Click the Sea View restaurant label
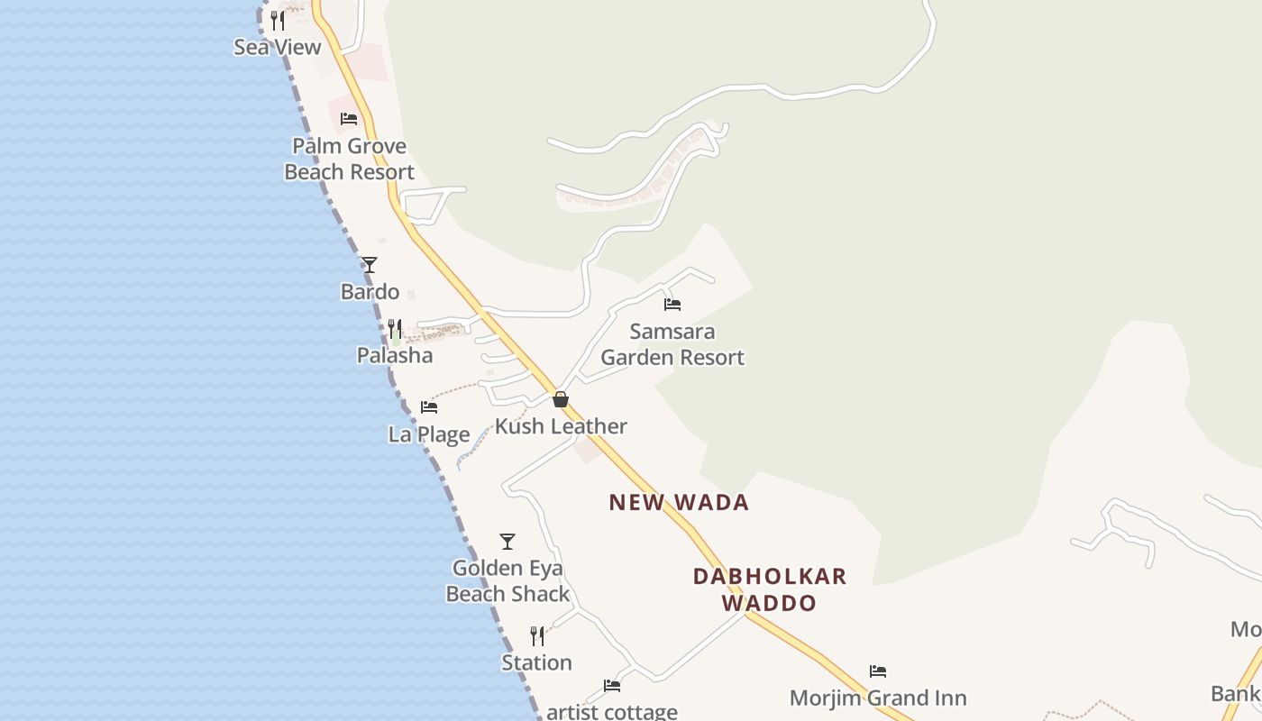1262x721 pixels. click(x=278, y=48)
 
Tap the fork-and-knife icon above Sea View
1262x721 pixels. click(x=278, y=20)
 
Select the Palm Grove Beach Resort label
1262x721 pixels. click(x=350, y=159)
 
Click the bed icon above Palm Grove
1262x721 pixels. click(x=349, y=118)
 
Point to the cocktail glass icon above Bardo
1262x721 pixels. click(x=370, y=265)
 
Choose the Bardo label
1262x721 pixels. click(x=370, y=292)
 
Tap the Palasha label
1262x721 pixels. click(x=395, y=355)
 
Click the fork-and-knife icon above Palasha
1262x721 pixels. click(x=395, y=328)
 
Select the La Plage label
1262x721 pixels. click(x=429, y=434)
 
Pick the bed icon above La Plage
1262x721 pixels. click(x=429, y=407)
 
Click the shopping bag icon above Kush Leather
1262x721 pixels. click(x=561, y=399)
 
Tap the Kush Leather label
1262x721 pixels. click(x=561, y=426)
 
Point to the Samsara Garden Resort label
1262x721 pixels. click(x=672, y=344)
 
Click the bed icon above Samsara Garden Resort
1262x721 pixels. click(x=672, y=305)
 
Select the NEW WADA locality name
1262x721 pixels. click(x=679, y=503)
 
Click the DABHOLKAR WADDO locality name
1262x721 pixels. click(x=770, y=589)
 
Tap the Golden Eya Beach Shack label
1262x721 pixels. click(x=508, y=581)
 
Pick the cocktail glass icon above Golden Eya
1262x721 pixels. click(x=508, y=542)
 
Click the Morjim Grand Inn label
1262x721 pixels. click(x=878, y=698)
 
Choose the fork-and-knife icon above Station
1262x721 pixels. click(x=537, y=636)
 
